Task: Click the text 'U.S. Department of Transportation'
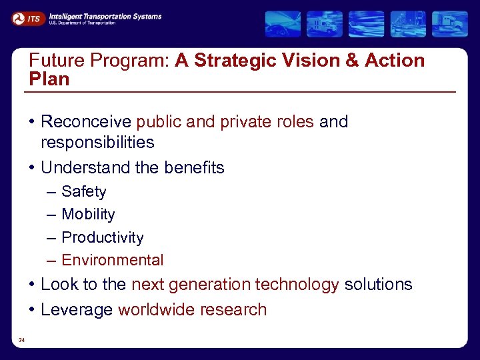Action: click(82, 23)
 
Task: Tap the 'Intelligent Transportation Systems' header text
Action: click(105, 15)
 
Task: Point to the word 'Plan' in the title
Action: click(49, 79)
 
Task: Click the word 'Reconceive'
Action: click(87, 122)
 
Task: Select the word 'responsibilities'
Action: click(97, 142)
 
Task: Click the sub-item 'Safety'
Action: click(83, 192)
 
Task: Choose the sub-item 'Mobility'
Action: click(88, 215)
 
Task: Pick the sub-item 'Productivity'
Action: click(102, 238)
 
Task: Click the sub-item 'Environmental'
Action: click(112, 261)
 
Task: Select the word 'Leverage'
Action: click(77, 310)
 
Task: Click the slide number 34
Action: click(22, 341)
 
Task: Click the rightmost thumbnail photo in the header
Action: click(449, 24)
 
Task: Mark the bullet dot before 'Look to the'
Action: click(32, 285)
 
